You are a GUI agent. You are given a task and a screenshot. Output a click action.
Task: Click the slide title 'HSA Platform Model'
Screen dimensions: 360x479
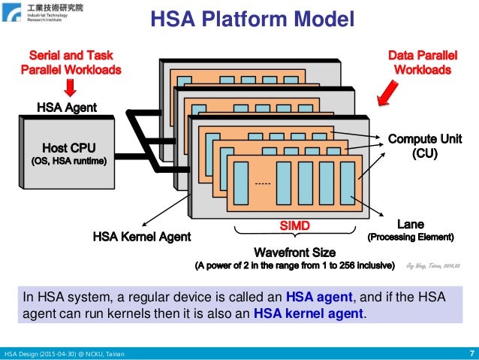[x=251, y=20]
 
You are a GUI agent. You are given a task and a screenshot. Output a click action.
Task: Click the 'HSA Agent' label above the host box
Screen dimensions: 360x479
[x=67, y=107]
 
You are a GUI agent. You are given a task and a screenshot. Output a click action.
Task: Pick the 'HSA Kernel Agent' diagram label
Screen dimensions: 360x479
[x=142, y=236]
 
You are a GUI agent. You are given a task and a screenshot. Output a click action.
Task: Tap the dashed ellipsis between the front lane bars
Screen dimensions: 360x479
[x=263, y=184]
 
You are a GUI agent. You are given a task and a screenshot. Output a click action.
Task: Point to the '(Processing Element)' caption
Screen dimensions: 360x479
[x=410, y=237]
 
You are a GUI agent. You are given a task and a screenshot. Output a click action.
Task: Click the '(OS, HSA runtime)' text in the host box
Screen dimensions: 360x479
[x=68, y=160]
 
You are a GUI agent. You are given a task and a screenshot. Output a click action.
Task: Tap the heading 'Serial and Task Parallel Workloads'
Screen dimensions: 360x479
[x=70, y=62]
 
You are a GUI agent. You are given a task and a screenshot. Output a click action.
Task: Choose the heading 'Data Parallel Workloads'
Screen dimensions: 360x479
[x=420, y=62]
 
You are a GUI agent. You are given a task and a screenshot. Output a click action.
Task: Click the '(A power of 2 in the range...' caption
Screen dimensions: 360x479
[x=294, y=265]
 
